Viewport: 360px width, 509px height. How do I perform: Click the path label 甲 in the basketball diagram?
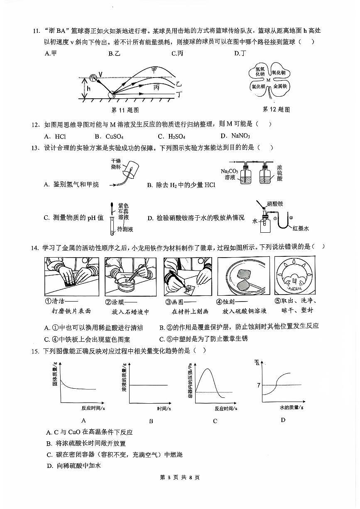pyautogui.click(x=154, y=70)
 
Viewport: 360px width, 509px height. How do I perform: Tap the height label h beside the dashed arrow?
pyautogui.click(x=88, y=88)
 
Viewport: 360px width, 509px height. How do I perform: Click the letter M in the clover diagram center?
pyautogui.click(x=268, y=80)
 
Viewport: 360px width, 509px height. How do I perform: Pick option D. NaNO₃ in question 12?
pyautogui.click(x=235, y=136)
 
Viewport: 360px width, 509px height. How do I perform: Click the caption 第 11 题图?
pyautogui.click(x=125, y=110)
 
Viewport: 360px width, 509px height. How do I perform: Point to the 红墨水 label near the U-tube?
pyautogui.click(x=300, y=228)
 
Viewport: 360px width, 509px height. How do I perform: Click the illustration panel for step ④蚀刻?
pyautogui.click(x=243, y=276)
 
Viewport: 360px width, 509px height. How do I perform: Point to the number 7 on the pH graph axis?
pyautogui.click(x=258, y=385)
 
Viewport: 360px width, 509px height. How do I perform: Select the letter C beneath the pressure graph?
pyautogui.click(x=215, y=421)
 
